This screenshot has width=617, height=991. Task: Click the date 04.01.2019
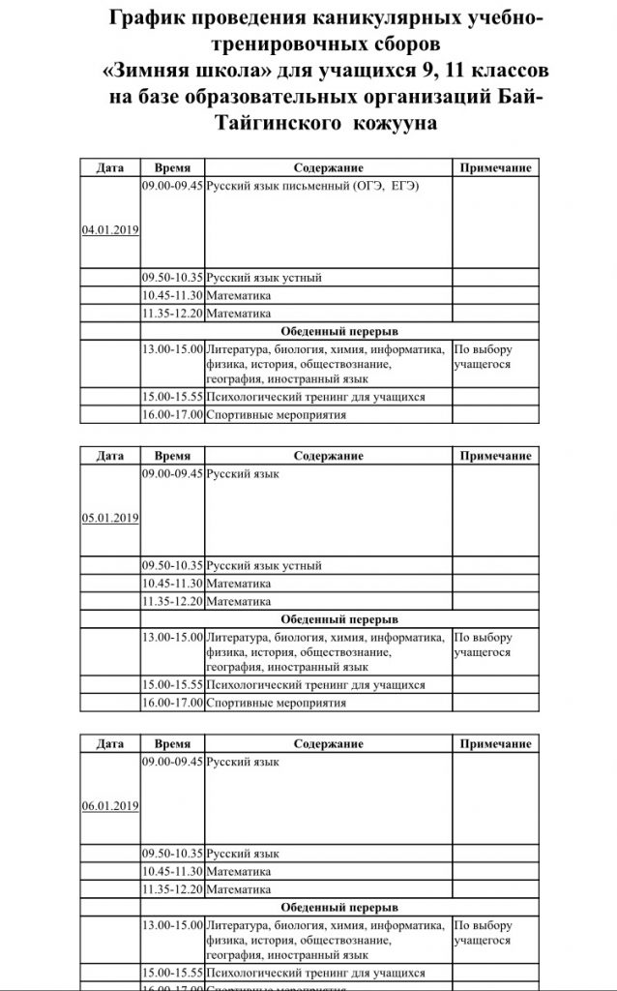(110, 230)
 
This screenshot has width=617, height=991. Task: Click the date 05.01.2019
(110, 517)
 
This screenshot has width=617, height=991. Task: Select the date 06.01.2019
(110, 804)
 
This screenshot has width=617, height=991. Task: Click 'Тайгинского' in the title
(262, 124)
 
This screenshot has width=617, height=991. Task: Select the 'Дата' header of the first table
(110, 167)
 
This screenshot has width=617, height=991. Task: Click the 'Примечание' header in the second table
(495, 456)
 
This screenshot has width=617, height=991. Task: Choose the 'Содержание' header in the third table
(328, 743)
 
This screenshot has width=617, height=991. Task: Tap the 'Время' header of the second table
(172, 456)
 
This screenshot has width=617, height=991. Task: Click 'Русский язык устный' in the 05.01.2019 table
(264, 565)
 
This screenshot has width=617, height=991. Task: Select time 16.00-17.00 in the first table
(172, 415)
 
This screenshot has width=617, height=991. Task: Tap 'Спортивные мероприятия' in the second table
(277, 703)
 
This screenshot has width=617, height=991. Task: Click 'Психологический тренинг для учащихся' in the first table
(316, 397)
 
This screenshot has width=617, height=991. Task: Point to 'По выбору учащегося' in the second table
(484, 646)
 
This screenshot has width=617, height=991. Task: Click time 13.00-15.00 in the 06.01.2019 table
(172, 925)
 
